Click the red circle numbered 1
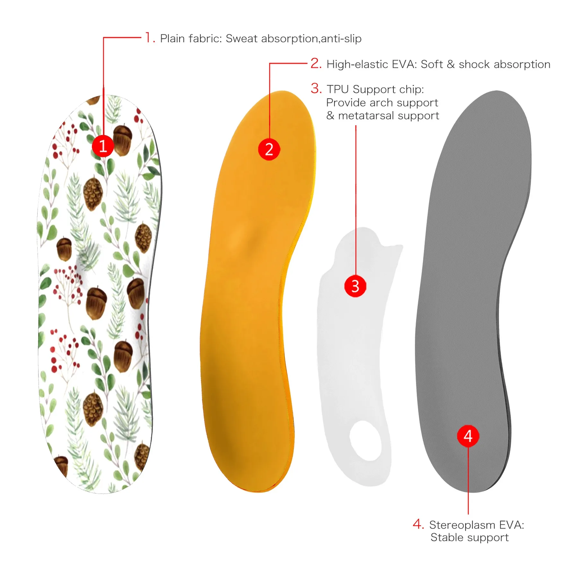[x=103, y=146]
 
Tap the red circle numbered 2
[x=269, y=149]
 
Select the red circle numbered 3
[x=355, y=286]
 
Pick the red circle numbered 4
[x=468, y=436]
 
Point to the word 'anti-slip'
[x=341, y=39]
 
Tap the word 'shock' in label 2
[x=474, y=64]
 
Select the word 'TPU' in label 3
[x=338, y=89]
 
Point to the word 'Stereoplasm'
[x=462, y=525]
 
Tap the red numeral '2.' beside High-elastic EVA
[x=316, y=63]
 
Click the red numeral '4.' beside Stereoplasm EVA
[x=418, y=524]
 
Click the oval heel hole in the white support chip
[x=365, y=441]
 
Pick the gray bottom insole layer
[x=472, y=289]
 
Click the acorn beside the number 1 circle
[x=122, y=140]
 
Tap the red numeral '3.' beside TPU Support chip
[x=316, y=88]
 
